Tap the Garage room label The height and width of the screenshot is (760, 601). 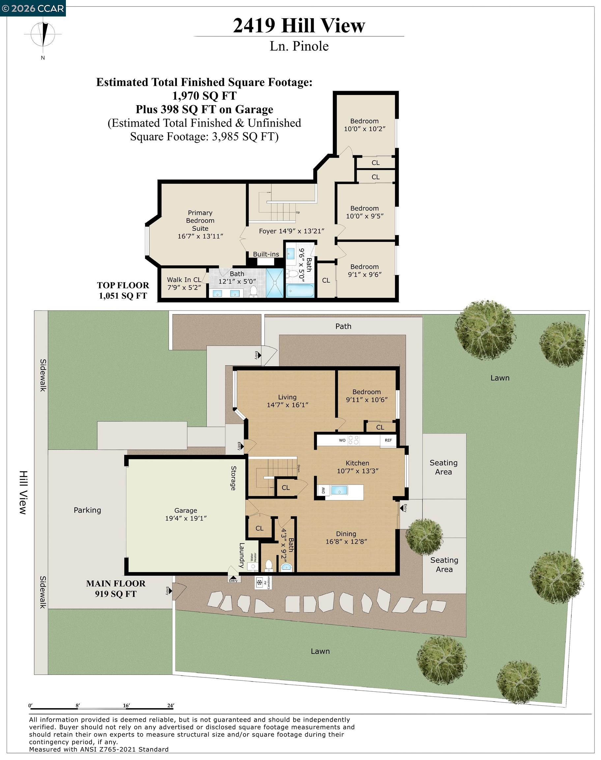tap(186, 510)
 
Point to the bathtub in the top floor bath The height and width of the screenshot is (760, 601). tap(300, 291)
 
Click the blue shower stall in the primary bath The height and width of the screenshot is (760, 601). tap(274, 283)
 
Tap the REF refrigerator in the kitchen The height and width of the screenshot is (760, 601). tap(388, 441)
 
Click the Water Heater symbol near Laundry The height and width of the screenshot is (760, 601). tap(253, 566)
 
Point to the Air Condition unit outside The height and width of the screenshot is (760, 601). tap(260, 583)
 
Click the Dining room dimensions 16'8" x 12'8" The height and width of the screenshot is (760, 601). tap(346, 542)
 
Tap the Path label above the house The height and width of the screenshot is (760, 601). tap(343, 326)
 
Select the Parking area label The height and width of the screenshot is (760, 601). tap(87, 510)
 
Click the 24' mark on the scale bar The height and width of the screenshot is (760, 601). tap(171, 706)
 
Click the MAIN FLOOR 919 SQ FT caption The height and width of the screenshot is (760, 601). tap(116, 588)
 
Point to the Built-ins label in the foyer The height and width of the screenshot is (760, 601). tap(266, 254)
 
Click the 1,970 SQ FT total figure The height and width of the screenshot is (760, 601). tap(204, 96)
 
